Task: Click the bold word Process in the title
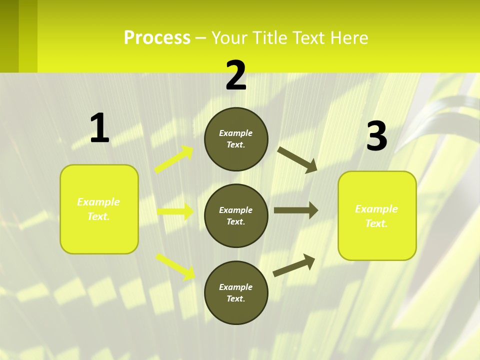[157, 38]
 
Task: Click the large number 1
[99, 128]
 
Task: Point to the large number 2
[236, 75]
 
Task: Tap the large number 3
[376, 136]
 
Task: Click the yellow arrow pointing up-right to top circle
[174, 159]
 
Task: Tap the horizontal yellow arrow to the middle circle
[175, 211]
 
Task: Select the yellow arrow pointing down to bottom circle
[175, 266]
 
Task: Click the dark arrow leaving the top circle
[297, 159]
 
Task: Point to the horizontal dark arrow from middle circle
[295, 210]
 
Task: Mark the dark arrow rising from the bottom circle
[294, 265]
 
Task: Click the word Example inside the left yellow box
[98, 202]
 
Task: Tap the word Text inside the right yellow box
[376, 223]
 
